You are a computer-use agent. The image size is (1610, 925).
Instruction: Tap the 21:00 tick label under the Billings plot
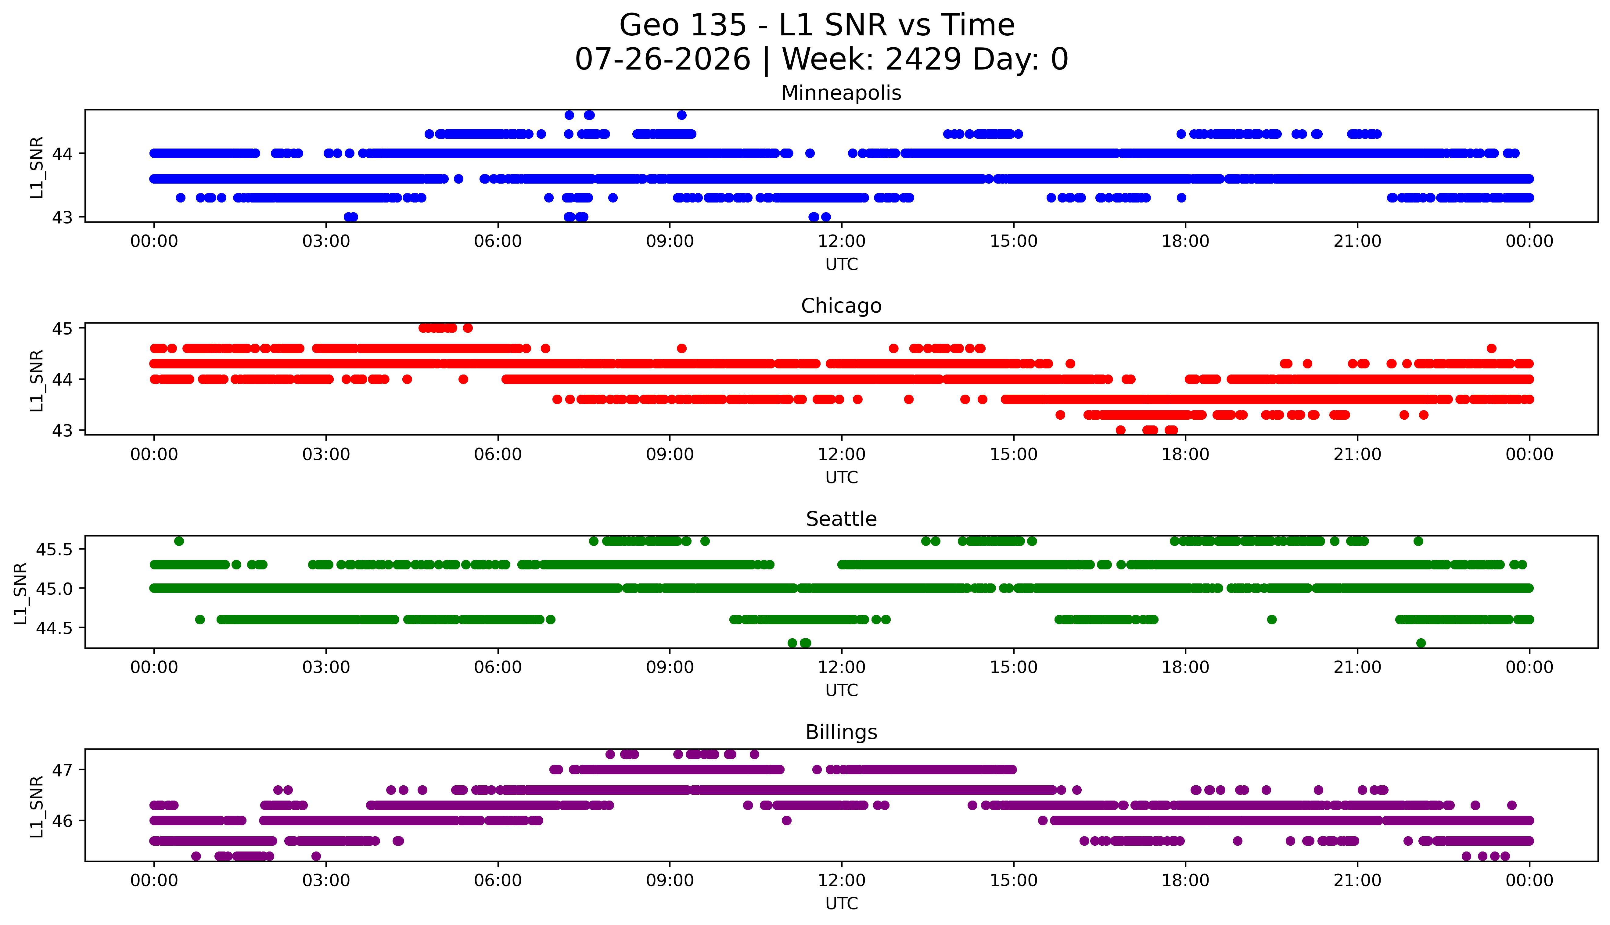click(1357, 880)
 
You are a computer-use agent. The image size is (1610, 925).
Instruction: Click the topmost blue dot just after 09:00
click(682, 115)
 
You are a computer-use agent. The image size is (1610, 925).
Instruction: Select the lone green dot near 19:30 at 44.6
click(1271, 619)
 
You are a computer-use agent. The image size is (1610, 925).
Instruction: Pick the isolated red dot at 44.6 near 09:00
click(682, 348)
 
